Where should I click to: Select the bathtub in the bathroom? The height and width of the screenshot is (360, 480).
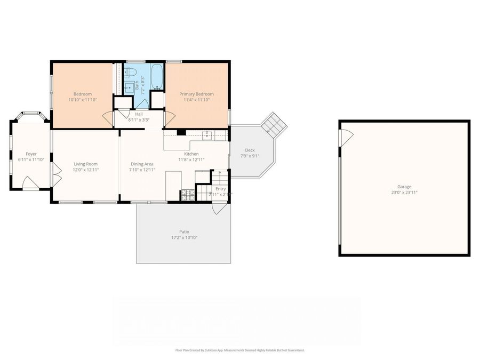(x=156, y=76)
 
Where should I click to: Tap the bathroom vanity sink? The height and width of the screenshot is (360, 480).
(x=129, y=87)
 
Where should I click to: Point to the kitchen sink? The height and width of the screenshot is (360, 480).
(x=208, y=135)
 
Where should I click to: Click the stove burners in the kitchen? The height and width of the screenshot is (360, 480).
(x=187, y=195)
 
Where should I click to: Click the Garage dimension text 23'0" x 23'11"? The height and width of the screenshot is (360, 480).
(x=404, y=193)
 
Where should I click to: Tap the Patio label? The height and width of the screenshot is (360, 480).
(x=184, y=231)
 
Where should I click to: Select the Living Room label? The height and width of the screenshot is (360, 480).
(x=85, y=164)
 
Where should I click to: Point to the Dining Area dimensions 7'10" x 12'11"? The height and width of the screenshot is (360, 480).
(x=142, y=170)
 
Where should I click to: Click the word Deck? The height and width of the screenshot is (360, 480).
(x=250, y=150)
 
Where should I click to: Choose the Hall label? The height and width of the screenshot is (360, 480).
(x=139, y=114)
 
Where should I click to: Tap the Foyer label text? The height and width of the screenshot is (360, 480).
(x=31, y=154)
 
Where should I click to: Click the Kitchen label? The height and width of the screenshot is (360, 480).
(x=191, y=154)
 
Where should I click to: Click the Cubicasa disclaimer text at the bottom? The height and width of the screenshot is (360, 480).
(x=239, y=350)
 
